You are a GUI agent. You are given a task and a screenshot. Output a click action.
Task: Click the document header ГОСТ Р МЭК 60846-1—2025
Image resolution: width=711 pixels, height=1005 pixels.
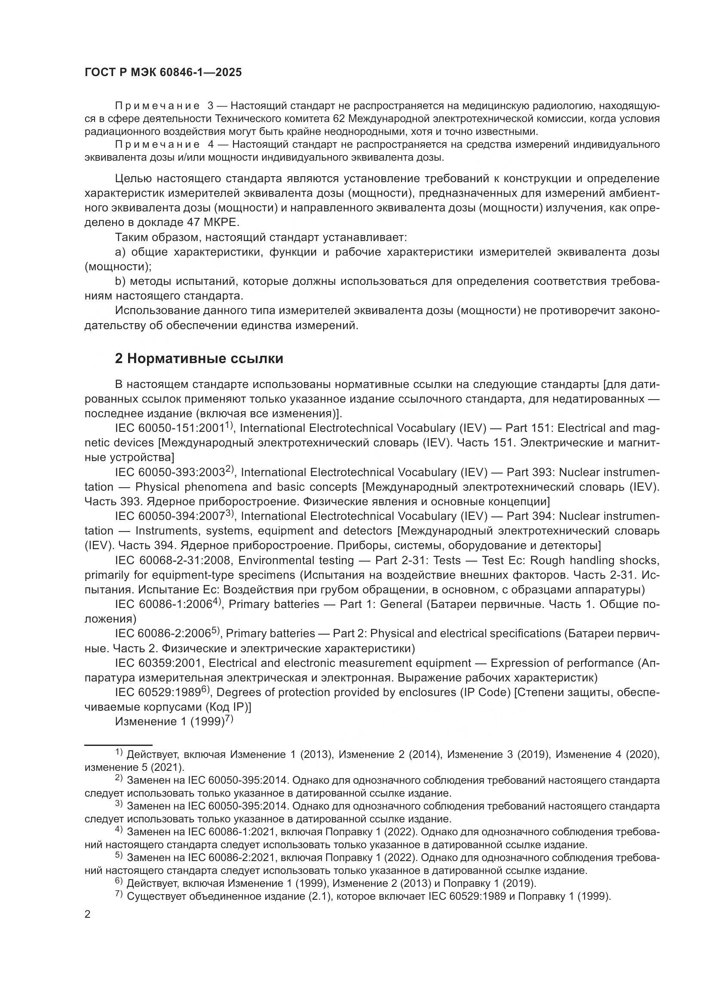(x=163, y=73)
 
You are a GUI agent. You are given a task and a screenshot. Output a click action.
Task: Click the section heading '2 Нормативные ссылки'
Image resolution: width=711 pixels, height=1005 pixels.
(x=199, y=358)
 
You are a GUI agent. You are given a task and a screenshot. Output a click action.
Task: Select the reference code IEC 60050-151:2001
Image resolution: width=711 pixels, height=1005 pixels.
(x=170, y=428)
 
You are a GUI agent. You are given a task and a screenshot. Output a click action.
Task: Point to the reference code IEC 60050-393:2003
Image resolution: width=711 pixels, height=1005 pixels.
(x=170, y=472)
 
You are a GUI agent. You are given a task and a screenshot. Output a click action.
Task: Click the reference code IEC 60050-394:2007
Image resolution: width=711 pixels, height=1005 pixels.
(x=170, y=516)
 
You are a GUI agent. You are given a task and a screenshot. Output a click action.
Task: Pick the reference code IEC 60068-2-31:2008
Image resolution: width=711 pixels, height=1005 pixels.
(x=173, y=560)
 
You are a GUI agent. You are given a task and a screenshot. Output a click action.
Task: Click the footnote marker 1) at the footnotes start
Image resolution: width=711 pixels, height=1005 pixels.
(x=119, y=753)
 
